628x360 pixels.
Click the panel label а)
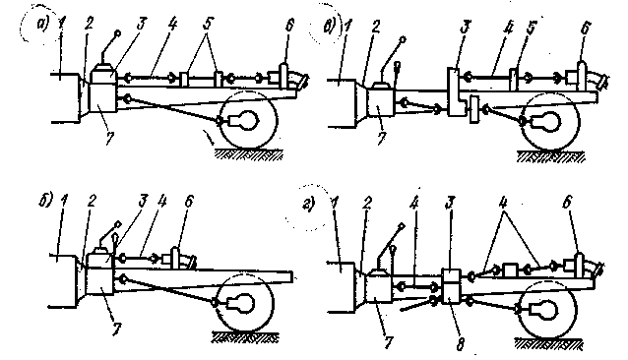(x=42, y=25)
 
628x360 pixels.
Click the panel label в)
(x=329, y=28)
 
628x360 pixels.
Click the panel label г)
(x=309, y=206)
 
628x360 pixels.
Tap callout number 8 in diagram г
(x=461, y=343)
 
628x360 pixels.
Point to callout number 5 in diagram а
(x=207, y=24)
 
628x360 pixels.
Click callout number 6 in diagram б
(x=188, y=202)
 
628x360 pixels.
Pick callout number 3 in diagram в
(x=466, y=29)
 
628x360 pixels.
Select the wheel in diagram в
(x=550, y=122)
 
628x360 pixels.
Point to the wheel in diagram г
(x=548, y=309)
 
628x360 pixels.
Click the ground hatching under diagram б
(x=244, y=338)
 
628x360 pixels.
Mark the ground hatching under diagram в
(x=550, y=156)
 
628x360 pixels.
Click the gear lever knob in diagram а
(x=118, y=33)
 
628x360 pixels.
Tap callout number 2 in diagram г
(x=366, y=204)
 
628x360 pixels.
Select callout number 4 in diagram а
(x=171, y=24)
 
